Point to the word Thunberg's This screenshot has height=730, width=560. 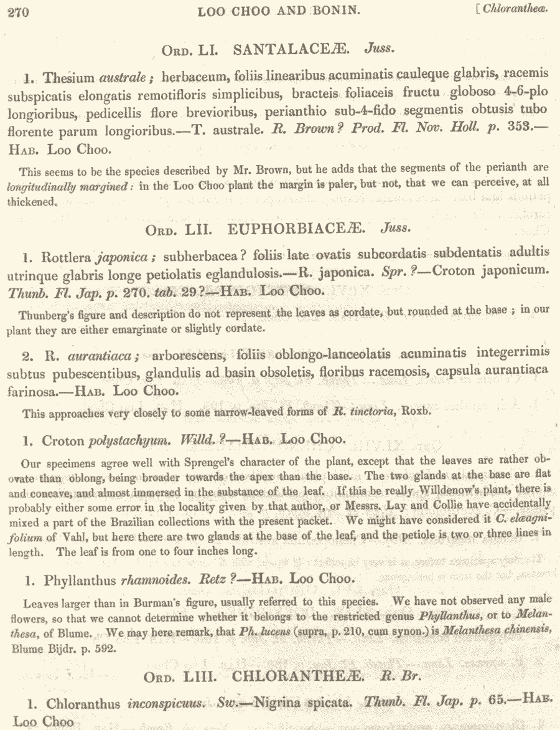[46, 314]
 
